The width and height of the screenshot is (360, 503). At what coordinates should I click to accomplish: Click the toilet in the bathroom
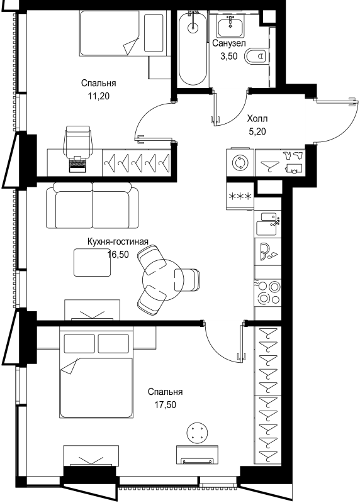256,57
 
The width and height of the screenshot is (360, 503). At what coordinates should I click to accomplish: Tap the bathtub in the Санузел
193,48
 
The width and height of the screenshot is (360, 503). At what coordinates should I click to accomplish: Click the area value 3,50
228,57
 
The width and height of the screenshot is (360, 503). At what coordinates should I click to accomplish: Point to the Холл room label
257,119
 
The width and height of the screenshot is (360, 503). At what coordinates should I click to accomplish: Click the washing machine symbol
240,162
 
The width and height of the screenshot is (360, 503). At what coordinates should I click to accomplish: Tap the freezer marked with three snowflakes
240,196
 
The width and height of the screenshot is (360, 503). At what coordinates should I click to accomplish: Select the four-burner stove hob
268,292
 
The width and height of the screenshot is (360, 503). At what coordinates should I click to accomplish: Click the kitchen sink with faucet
268,224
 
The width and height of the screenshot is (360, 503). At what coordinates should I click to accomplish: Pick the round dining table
163,279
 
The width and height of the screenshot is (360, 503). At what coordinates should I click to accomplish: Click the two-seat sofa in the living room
92,206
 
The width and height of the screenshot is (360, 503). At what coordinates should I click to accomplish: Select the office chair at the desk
77,140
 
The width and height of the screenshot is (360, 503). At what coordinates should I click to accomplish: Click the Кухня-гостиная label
118,241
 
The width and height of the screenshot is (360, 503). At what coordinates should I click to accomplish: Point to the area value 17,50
166,405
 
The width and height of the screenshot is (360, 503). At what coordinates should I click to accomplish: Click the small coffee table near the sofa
92,262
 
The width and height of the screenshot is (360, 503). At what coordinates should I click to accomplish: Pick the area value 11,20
99,96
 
